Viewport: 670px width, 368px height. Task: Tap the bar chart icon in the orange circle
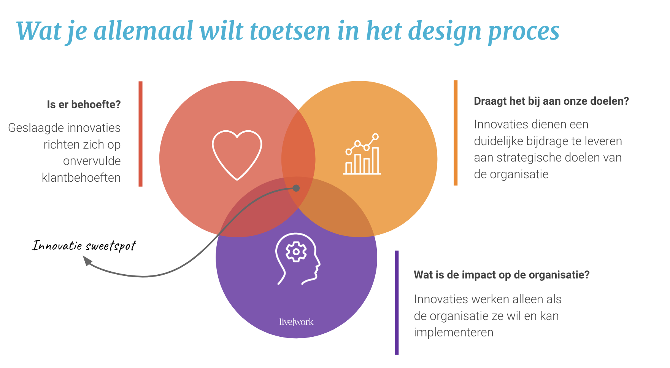click(x=362, y=154)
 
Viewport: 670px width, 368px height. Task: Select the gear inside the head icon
click(x=296, y=252)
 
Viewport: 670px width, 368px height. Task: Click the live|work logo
click(x=296, y=322)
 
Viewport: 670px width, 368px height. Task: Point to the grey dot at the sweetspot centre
click(x=296, y=188)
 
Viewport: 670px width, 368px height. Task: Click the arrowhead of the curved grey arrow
click(x=87, y=261)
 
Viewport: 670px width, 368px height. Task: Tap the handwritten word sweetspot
click(x=111, y=246)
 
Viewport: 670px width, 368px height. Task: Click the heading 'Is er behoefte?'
click(x=84, y=104)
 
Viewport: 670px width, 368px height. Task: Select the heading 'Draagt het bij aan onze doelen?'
click(x=551, y=101)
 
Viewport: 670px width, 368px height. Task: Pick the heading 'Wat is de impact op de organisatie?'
click(x=502, y=275)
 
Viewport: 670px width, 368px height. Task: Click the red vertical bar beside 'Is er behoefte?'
click(x=140, y=134)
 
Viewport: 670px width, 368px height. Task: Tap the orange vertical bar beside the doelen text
click(x=456, y=133)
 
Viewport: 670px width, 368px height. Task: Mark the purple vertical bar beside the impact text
click(x=397, y=302)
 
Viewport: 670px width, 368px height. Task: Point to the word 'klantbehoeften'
click(x=81, y=178)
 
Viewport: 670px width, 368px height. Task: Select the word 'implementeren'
click(x=454, y=333)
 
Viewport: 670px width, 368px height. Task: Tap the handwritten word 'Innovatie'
click(x=57, y=245)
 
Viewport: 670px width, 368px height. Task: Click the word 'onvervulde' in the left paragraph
click(x=92, y=161)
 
